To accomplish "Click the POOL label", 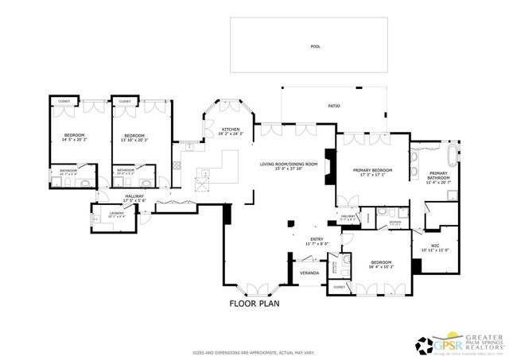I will [314, 47].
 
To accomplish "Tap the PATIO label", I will [335, 105].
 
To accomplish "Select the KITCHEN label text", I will [231, 130].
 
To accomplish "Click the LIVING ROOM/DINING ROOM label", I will [289, 165].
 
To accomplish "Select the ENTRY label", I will [316, 238].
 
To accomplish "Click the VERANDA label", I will [309, 273].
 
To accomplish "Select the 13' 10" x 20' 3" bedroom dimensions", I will [133, 139].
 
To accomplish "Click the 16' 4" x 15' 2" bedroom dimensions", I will [380, 266].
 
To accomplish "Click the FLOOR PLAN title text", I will [254, 303].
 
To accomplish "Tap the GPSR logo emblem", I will [425, 343].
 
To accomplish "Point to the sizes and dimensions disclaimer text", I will [254, 353].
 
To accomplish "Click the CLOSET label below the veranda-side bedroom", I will [338, 287].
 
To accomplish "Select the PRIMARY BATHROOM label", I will [439, 176].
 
